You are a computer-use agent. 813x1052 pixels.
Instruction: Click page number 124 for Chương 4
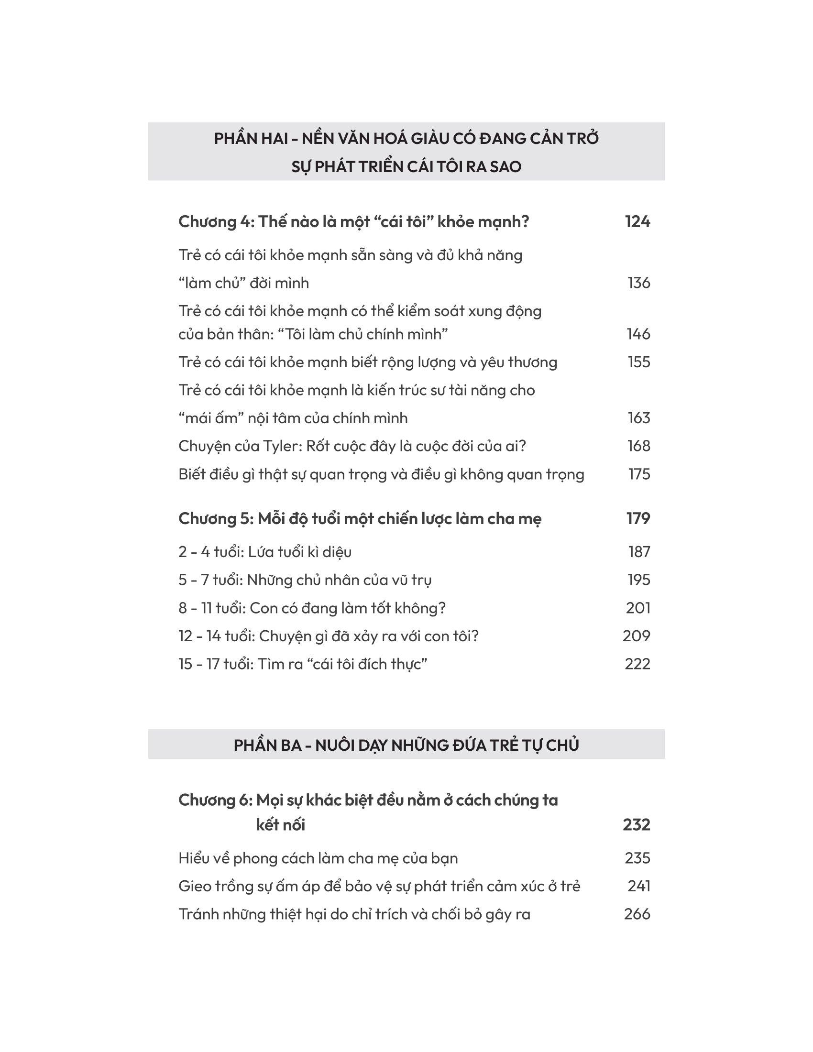click(x=637, y=221)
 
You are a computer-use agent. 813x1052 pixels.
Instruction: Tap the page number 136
click(x=638, y=283)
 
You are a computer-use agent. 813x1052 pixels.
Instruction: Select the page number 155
click(x=638, y=362)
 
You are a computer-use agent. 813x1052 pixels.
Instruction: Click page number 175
click(x=639, y=474)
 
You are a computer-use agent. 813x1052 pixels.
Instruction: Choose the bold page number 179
click(x=637, y=518)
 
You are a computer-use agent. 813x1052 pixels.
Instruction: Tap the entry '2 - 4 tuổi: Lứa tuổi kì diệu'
click(x=265, y=551)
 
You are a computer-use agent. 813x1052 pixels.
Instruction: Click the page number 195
click(x=638, y=580)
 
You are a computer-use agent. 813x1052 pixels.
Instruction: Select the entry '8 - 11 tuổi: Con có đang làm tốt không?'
click(x=312, y=608)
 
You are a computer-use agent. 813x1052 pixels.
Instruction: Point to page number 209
click(x=636, y=636)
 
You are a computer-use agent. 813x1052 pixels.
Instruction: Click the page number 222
click(x=637, y=664)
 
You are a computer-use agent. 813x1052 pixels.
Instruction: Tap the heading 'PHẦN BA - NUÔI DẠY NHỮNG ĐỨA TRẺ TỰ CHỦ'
click(x=406, y=745)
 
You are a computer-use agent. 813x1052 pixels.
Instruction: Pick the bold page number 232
click(x=636, y=825)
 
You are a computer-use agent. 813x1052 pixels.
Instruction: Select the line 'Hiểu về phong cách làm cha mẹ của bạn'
click(x=318, y=858)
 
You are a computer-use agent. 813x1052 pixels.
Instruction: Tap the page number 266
click(x=637, y=914)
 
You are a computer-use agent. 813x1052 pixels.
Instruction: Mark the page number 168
click(x=638, y=446)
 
